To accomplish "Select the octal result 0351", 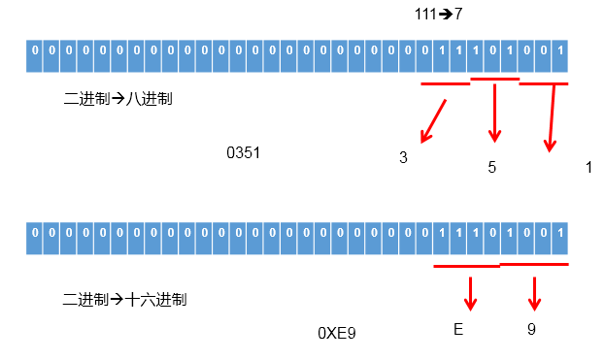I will (243, 153).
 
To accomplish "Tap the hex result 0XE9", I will (337, 333).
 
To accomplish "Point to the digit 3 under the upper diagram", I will (403, 157).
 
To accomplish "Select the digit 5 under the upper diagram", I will (491, 167).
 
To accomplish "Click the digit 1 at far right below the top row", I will (588, 167).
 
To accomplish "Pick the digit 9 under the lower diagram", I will (531, 330).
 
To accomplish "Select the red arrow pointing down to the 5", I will (495, 112).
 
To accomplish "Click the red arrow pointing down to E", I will (471, 293).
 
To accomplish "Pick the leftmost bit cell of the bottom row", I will (35, 234).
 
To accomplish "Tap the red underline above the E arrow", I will (466, 266).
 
